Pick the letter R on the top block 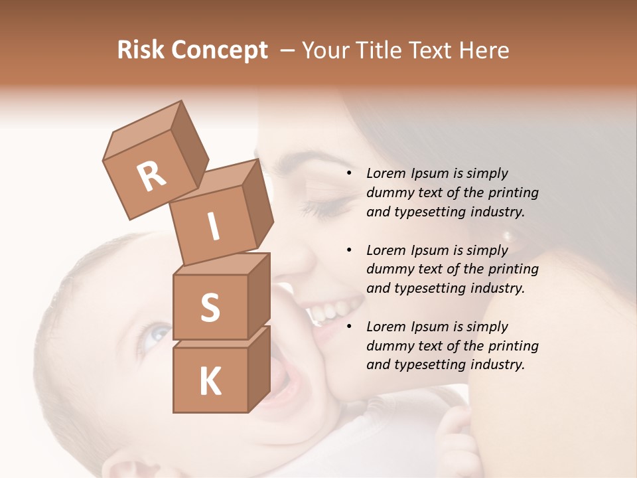[151, 176]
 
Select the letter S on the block [210, 308]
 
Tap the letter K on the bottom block [210, 382]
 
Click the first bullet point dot [348, 173]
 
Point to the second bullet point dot [348, 250]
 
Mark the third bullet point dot [348, 327]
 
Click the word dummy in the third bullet [389, 346]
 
